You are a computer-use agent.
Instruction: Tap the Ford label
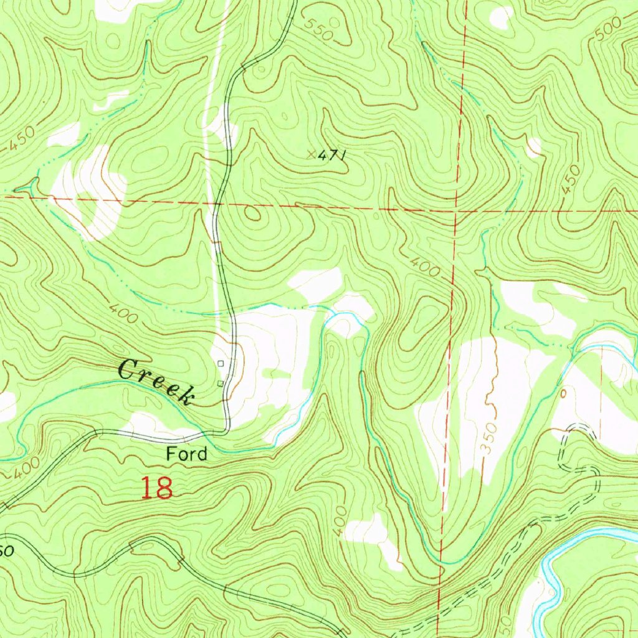(x=186, y=454)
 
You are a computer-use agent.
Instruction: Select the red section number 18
(x=156, y=488)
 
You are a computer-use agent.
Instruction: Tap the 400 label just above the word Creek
(x=123, y=312)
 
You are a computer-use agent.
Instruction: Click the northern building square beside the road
(x=221, y=363)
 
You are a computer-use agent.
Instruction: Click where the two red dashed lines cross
(x=457, y=211)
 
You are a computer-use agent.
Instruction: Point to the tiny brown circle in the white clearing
(x=564, y=394)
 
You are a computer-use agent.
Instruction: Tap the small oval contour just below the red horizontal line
(x=252, y=214)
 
